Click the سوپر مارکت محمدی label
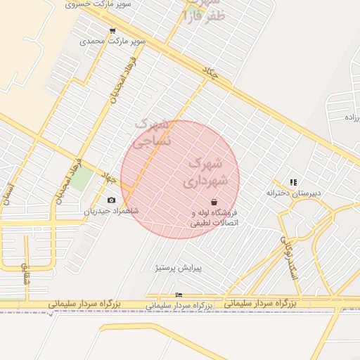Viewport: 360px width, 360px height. pos(112,41)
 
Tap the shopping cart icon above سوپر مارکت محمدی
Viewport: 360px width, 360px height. pos(112,31)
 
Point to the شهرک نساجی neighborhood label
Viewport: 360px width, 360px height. pos(152,132)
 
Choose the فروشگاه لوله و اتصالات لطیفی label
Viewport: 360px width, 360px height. pos(214,217)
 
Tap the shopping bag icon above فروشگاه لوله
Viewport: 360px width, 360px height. pos(214,202)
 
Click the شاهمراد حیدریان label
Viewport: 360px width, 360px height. pos(111,211)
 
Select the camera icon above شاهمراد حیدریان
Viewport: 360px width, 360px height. pos(111,200)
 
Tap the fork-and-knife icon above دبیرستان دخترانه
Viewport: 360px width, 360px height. pos(293,182)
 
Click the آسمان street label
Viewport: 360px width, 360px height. pos(8,191)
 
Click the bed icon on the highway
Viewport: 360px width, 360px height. pos(179,295)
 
